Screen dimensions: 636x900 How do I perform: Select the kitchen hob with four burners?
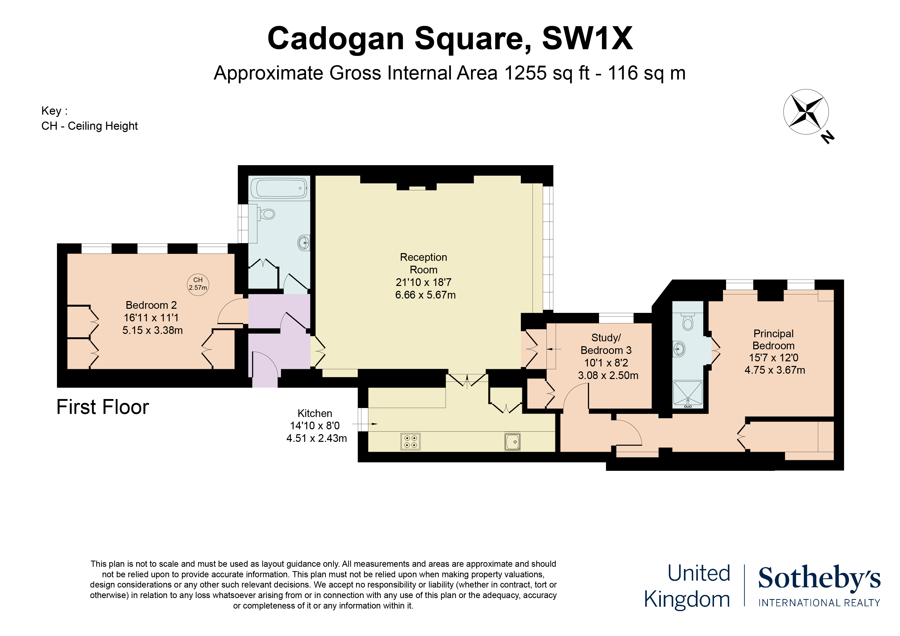point(410,441)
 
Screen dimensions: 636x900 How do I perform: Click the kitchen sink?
point(512,442)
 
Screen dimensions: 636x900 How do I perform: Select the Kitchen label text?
point(315,413)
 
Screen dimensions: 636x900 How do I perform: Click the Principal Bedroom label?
point(773,340)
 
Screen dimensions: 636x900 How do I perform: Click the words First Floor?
point(103,407)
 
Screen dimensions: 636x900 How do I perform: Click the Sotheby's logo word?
point(819,578)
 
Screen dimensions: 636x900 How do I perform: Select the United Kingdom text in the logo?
point(688,586)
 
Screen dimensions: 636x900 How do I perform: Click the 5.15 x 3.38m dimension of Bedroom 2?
point(152,330)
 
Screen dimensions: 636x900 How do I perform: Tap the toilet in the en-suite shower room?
point(688,322)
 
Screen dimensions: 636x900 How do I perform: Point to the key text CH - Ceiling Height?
point(89,126)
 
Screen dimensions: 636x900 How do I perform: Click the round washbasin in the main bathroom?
point(304,243)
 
